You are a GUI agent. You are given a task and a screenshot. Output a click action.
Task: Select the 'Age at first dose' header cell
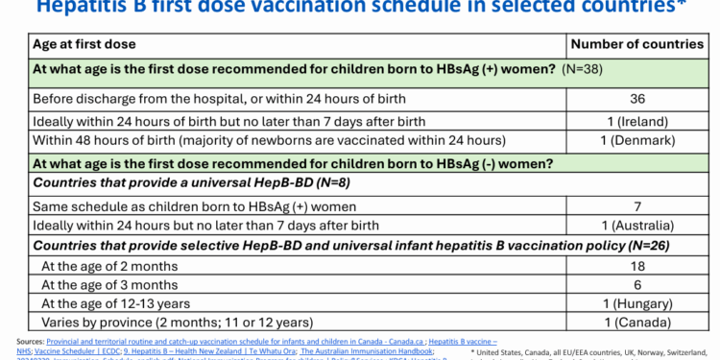point(84,44)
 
